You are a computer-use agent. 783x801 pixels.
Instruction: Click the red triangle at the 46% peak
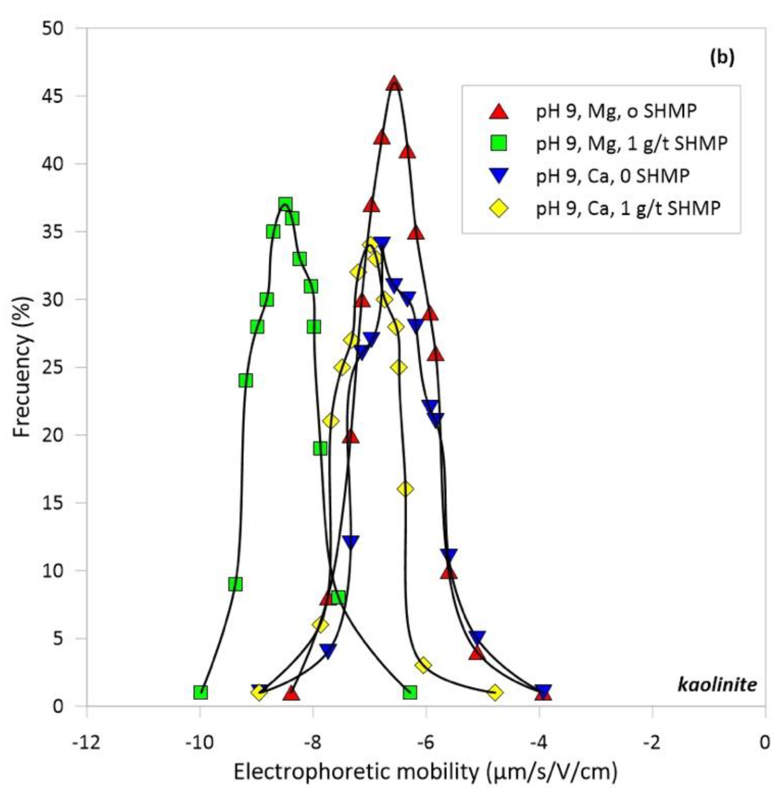[394, 83]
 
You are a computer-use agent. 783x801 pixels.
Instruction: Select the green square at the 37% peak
[285, 204]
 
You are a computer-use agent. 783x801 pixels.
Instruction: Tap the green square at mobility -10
[200, 693]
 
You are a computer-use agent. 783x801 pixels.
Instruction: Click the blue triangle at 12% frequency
[350, 542]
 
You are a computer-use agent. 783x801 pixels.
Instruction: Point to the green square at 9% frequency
[235, 584]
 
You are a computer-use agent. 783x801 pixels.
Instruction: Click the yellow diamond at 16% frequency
[405, 489]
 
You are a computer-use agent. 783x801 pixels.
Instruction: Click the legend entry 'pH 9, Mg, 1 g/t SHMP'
[631, 144]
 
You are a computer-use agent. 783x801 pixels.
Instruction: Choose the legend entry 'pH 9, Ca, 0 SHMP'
[613, 176]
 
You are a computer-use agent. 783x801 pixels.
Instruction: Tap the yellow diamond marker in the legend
[499, 209]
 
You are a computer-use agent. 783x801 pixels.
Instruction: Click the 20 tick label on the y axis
[54, 435]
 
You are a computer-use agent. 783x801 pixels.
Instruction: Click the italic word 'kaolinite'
[717, 685]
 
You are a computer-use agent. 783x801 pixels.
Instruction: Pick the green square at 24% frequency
[246, 381]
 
